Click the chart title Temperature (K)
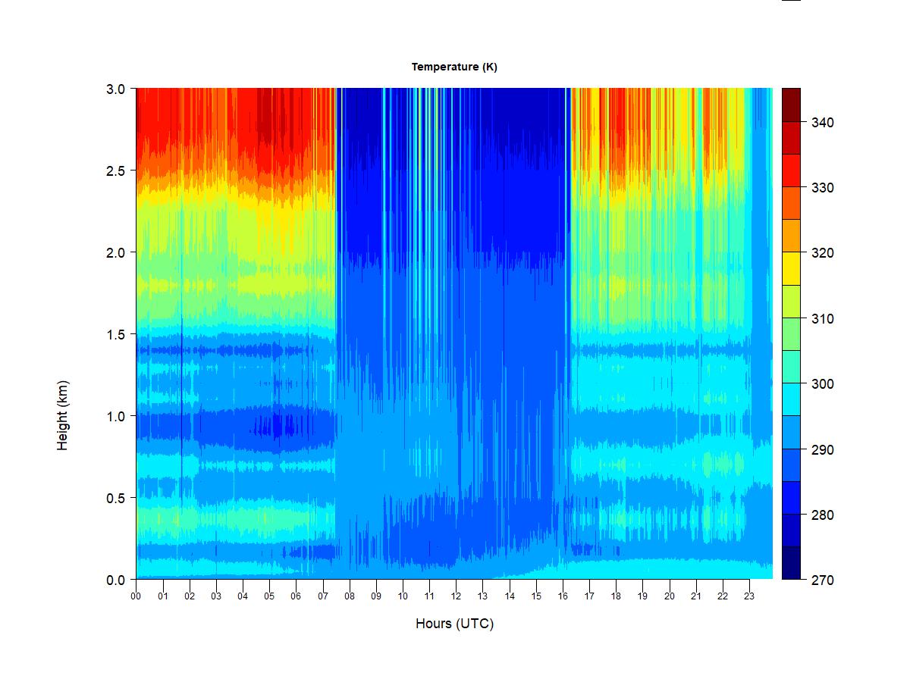tap(454, 67)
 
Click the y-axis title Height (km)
tap(63, 415)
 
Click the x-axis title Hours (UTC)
tap(454, 624)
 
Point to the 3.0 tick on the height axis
tap(115, 89)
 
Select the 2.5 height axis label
tap(115, 170)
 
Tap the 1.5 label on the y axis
tap(115, 334)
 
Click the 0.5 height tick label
tap(115, 498)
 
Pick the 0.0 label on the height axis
tap(115, 580)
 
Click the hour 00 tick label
tap(136, 596)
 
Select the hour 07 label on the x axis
tap(322, 596)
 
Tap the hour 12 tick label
tap(456, 596)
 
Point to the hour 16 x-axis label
tap(563, 596)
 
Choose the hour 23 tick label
tap(749, 596)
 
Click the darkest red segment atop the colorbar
tap(791, 105)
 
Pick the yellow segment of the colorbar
tap(791, 268)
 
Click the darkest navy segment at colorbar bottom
tap(791, 563)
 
